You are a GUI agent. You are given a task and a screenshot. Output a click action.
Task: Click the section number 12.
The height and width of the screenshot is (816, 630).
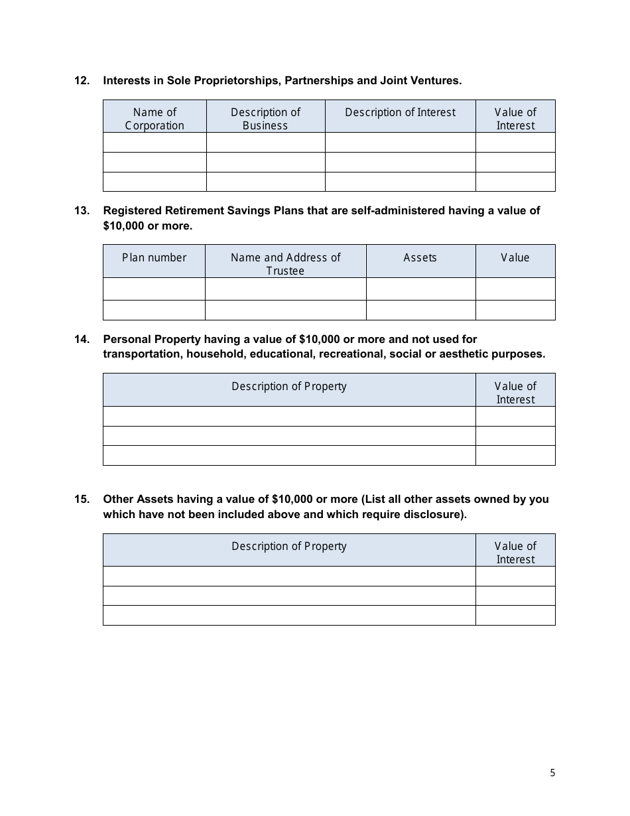pyautogui.click(x=81, y=80)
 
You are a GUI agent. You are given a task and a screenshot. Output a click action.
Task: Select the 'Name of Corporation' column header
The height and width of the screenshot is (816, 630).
pyautogui.click(x=155, y=118)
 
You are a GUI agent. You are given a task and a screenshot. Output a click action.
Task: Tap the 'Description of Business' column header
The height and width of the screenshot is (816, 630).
pyautogui.click(x=265, y=118)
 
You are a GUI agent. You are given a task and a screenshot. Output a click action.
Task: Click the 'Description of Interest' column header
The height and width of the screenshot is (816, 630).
pyautogui.click(x=400, y=112)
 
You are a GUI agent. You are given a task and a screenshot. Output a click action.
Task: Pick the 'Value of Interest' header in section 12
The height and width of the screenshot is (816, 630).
pyautogui.click(x=515, y=118)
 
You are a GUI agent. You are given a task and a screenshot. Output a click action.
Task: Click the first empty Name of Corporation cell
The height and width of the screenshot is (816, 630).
pyautogui.click(x=155, y=143)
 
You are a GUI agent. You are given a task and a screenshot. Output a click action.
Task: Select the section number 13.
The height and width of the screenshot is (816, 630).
pyautogui.click(x=81, y=210)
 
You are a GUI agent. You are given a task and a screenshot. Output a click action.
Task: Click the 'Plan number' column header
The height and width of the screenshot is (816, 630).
pyautogui.click(x=154, y=257)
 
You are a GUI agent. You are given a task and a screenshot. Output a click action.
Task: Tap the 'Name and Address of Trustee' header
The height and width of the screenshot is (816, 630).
pyautogui.click(x=285, y=263)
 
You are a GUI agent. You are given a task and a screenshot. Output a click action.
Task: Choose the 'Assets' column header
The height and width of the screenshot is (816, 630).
pyautogui.click(x=420, y=257)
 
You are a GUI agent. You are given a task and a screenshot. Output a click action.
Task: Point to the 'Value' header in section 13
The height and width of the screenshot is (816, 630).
pyautogui.click(x=515, y=257)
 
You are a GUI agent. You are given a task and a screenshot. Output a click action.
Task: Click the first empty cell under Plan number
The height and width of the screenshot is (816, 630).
pyautogui.click(x=154, y=289)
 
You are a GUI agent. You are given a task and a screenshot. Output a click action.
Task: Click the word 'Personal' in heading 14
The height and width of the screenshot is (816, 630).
pyautogui.click(x=127, y=339)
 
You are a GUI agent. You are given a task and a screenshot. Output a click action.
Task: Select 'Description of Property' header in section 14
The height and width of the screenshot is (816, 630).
pyautogui.click(x=288, y=386)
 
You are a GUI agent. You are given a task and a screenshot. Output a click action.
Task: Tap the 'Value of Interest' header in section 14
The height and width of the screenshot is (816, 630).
pyautogui.click(x=515, y=392)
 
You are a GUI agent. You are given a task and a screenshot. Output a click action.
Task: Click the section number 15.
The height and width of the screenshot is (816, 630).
pyautogui.click(x=81, y=499)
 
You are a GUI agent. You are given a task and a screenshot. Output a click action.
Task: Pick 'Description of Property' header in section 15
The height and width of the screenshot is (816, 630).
pyautogui.click(x=288, y=546)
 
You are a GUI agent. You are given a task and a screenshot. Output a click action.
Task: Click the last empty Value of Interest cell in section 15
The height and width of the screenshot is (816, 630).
pyautogui.click(x=515, y=615)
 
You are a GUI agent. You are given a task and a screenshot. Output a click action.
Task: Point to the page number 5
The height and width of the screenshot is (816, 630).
pyautogui.click(x=552, y=772)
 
